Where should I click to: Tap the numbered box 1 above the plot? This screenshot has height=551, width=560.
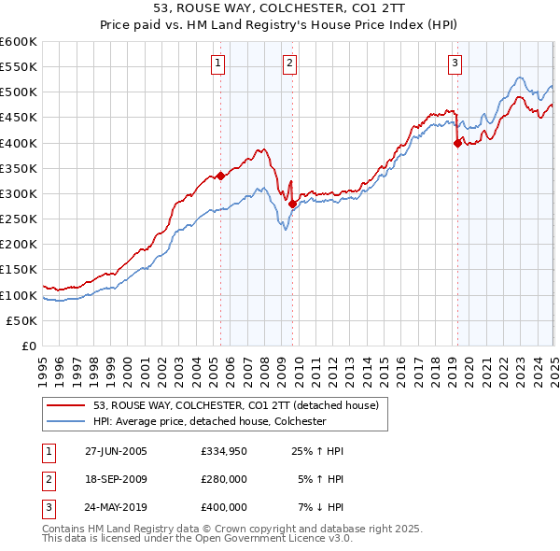(x=217, y=64)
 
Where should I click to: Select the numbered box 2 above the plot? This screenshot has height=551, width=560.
(x=290, y=64)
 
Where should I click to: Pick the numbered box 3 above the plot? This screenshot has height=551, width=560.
(x=455, y=64)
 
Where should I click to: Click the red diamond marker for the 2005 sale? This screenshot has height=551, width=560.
(x=221, y=176)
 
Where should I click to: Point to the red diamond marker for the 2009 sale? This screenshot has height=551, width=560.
(x=292, y=204)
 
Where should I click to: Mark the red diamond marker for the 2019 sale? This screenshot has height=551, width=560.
(x=457, y=143)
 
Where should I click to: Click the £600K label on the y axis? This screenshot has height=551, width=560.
(x=18, y=42)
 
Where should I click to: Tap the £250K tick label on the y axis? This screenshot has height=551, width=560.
(x=18, y=219)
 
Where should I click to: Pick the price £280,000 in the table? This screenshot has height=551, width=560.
(x=224, y=480)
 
